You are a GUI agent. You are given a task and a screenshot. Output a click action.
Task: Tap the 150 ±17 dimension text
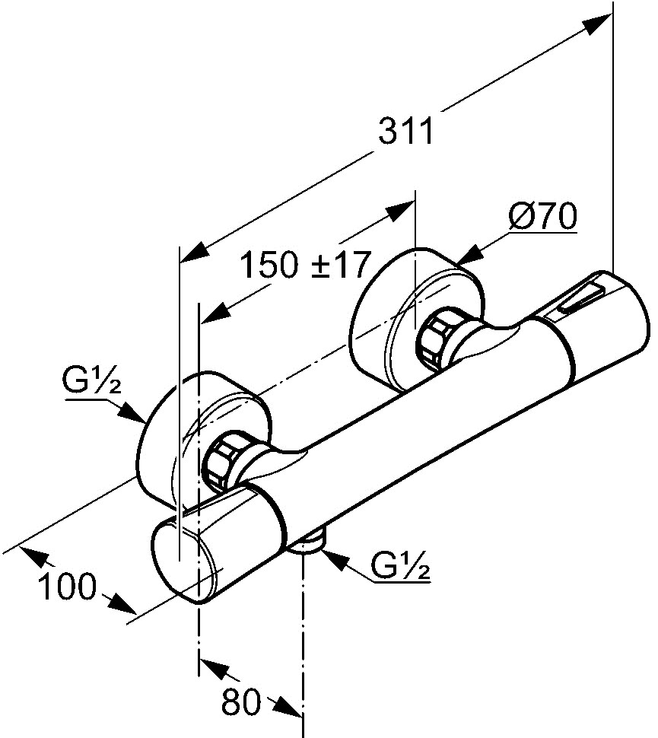point(304,266)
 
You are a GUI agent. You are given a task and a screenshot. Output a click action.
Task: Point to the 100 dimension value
point(67,586)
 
